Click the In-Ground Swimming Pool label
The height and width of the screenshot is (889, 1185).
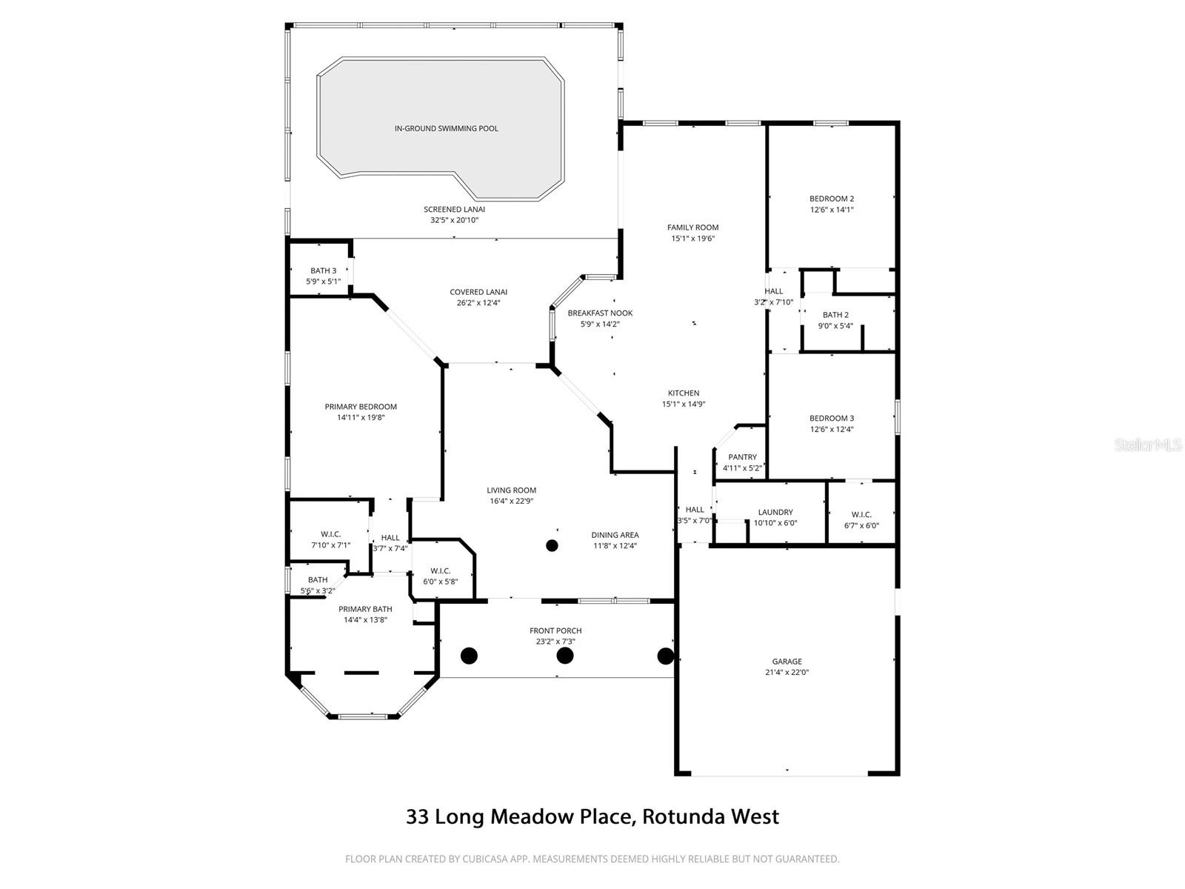446,128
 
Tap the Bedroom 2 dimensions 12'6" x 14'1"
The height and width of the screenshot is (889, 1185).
831,210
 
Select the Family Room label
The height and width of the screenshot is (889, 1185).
692,227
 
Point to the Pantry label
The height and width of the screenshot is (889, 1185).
742,457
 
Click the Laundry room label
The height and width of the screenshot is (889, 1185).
775,512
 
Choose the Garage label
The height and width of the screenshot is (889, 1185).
787,662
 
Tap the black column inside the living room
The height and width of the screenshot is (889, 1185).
552,546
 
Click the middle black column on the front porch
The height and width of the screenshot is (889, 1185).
565,656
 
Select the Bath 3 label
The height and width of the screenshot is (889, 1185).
323,270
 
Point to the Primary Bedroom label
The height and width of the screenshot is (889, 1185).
361,407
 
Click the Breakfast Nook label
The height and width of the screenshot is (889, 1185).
600,313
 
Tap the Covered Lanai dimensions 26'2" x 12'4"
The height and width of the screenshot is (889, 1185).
478,302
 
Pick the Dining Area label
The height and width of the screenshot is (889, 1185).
615,535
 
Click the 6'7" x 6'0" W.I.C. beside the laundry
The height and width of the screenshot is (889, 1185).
861,525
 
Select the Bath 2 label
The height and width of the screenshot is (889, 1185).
835,315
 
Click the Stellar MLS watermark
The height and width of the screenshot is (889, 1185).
1148,445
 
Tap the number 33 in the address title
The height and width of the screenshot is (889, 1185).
417,816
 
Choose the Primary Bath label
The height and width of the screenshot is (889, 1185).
365,609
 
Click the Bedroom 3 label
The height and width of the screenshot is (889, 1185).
831,418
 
